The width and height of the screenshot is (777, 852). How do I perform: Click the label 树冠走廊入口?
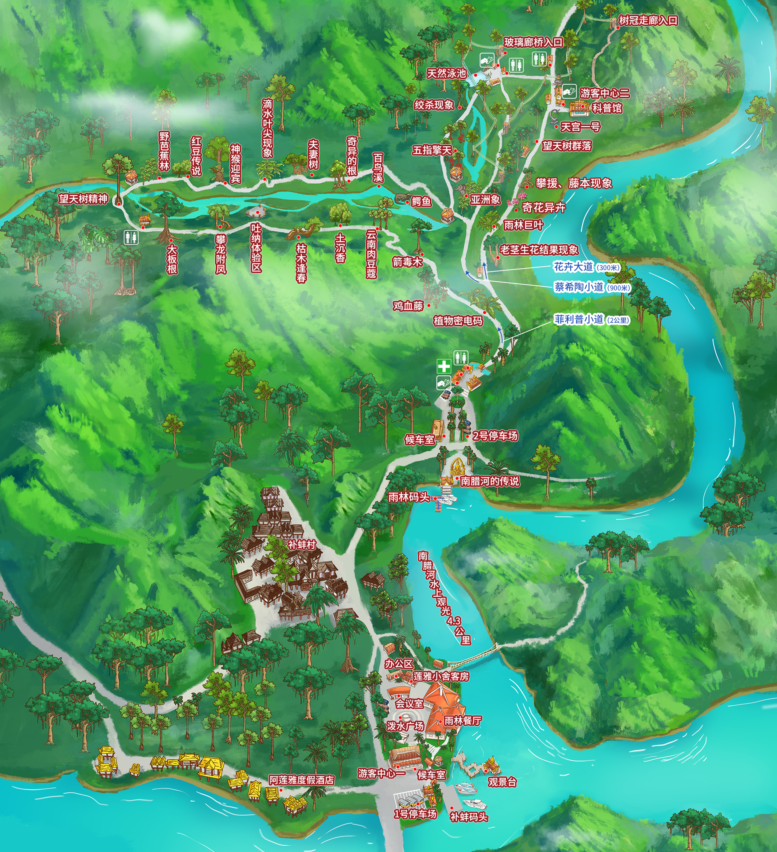click(648, 20)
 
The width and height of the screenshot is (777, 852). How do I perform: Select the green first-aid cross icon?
click(443, 366)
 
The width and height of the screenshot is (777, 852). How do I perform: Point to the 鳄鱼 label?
click(421, 201)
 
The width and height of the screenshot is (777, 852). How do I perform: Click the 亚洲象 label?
click(485, 199)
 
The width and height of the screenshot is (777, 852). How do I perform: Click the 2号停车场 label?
click(495, 436)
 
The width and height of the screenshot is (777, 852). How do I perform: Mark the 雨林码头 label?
click(409, 497)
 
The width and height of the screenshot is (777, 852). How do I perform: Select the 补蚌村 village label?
click(302, 545)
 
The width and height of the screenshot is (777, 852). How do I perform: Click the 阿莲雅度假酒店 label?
click(301, 780)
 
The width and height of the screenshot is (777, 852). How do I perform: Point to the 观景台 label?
click(502, 782)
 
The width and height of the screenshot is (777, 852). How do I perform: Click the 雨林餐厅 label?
click(463, 721)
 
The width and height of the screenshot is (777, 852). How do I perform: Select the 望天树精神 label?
click(83, 199)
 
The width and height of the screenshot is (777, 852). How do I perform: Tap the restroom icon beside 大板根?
click(131, 237)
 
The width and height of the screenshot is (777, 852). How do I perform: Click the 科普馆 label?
click(607, 108)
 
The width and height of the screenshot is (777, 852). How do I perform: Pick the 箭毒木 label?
click(407, 262)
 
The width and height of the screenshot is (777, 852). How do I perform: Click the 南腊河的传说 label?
click(489, 481)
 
